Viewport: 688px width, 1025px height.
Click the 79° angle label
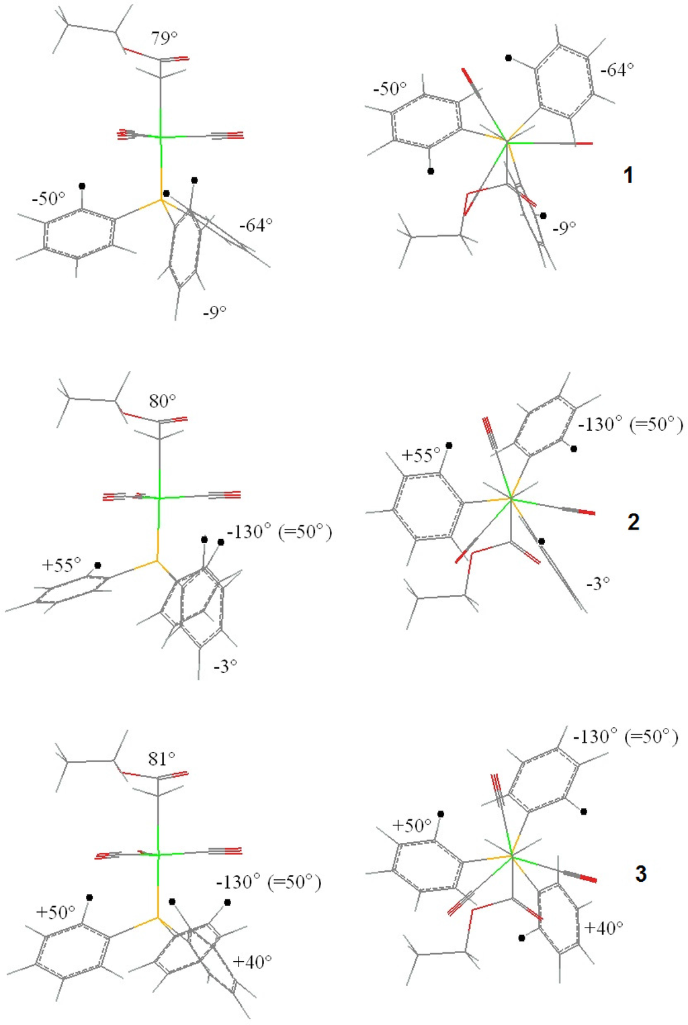click(164, 38)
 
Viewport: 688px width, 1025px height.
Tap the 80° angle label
click(163, 401)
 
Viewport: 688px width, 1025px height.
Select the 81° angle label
click(161, 759)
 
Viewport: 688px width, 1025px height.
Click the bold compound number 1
click(628, 175)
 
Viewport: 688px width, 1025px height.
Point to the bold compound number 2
click(633, 522)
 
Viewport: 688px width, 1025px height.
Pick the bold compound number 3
click(640, 874)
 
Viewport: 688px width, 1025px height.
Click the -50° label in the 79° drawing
click(48, 199)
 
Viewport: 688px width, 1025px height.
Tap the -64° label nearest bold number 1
click(617, 70)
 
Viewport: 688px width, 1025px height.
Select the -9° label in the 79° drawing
click(214, 313)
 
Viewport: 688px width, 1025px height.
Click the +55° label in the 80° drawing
click(61, 565)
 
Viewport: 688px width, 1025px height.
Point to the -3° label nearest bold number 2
click(597, 583)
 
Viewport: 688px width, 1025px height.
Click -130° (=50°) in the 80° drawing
click(279, 532)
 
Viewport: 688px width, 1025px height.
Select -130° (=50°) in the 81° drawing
click(268, 882)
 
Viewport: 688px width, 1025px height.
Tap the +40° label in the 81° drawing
click(252, 962)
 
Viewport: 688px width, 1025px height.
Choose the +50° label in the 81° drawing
click(56, 913)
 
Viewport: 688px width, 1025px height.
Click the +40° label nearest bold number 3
click(603, 928)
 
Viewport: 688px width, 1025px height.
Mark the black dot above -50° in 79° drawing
click(82, 186)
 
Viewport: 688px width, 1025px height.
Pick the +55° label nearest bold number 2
click(421, 456)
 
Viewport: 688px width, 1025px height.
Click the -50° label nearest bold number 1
click(390, 89)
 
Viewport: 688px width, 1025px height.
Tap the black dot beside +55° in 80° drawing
click(98, 565)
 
